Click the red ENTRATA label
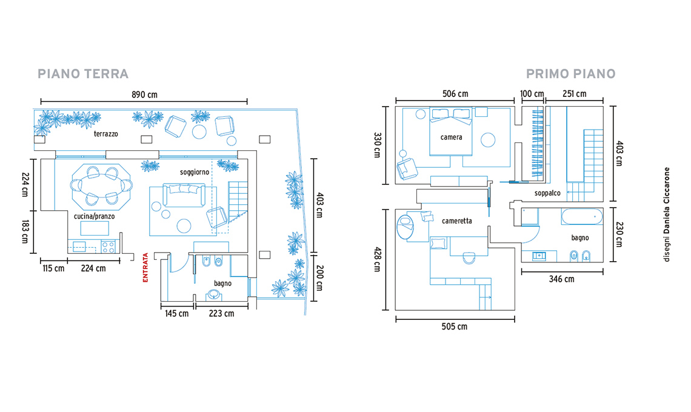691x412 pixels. point(145,267)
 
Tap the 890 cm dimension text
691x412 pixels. point(144,95)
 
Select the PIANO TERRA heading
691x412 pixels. point(83,73)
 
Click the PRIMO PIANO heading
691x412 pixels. point(571,73)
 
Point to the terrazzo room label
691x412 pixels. point(105,133)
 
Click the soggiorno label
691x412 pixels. point(195,172)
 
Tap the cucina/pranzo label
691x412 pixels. point(95,216)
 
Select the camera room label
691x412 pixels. point(451,137)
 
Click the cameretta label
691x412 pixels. point(457,221)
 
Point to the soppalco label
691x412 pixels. point(547,193)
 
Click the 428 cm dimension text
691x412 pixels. point(377,259)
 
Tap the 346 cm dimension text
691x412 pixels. point(561,279)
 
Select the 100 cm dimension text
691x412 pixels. point(532,94)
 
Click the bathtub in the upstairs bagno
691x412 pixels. point(582,216)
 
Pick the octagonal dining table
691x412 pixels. point(102,187)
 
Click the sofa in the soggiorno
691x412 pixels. point(184,195)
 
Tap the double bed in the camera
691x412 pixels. point(451,131)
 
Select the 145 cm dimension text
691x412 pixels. point(177,313)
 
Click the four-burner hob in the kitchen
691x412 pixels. point(108,247)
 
